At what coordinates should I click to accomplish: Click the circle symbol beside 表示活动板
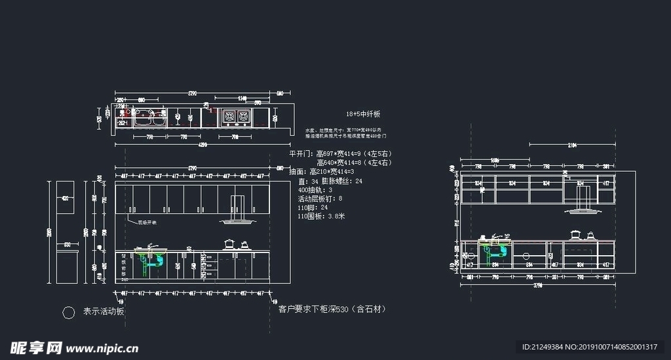point(68,313)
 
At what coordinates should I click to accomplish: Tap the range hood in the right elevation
point(581,210)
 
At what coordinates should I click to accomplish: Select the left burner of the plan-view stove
point(229,117)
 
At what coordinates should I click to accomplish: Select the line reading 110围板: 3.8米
point(321,216)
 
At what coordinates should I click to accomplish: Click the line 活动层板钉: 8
point(320,198)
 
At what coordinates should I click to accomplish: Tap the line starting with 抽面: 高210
point(326,171)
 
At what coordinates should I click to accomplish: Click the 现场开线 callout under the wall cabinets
point(147,222)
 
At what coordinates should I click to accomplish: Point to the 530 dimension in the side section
point(66,245)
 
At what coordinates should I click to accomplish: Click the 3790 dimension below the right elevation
point(537,286)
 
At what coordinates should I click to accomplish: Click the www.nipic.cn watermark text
point(102,348)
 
